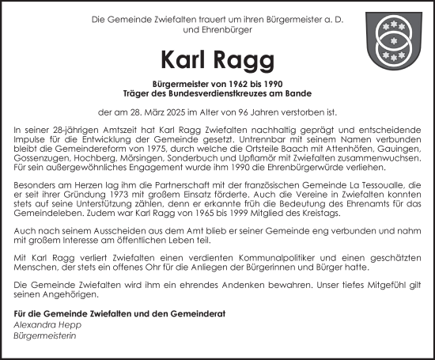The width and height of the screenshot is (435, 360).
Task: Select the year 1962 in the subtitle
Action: [220, 83]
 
